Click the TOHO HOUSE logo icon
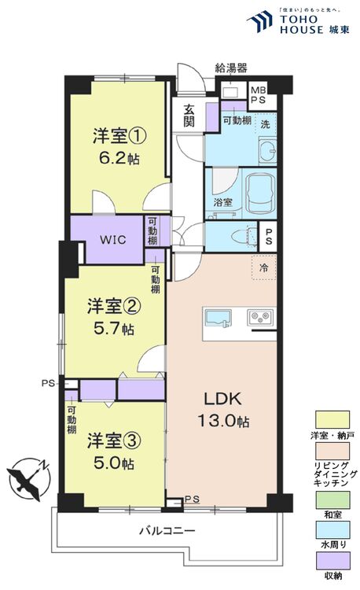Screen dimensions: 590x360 click(x=259, y=22)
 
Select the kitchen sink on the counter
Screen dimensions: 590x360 click(x=217, y=318)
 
